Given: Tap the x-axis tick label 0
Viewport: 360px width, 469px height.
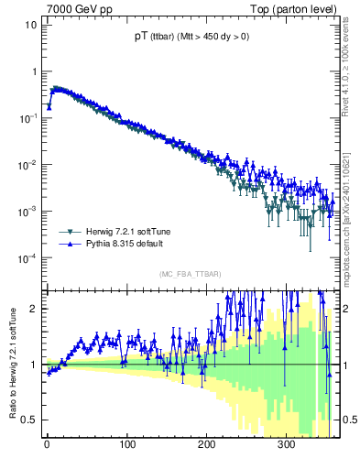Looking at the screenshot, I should tap(47, 444).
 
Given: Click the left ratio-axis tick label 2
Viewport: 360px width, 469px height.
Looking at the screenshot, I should tap(33, 309).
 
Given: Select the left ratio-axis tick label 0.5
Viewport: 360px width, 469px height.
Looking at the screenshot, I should tap(29, 420).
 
